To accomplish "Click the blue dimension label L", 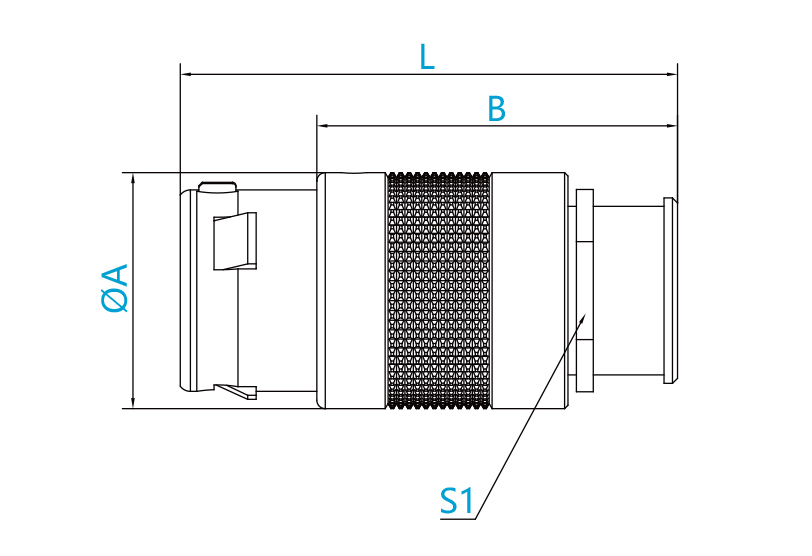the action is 427,56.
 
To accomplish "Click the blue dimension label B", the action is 497,109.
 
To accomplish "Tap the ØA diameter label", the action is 115,288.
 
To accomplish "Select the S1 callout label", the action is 457,501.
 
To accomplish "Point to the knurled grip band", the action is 439,290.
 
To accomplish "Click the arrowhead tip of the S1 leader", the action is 586,313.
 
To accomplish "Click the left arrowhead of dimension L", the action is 181,74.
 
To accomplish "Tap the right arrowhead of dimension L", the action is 677,74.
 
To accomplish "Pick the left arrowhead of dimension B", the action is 317,125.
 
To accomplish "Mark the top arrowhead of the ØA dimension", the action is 133,173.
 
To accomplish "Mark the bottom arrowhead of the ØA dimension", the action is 133,408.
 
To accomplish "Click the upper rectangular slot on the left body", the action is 235,241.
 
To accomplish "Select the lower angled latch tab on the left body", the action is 236,391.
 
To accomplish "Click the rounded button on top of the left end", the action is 218,186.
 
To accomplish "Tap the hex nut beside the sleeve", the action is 585,290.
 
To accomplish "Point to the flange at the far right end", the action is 670,290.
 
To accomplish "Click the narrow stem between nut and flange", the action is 628,290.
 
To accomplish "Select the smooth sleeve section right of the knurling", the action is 528,290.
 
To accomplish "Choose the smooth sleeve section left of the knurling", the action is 352,290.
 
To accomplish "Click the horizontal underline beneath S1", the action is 458,519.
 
